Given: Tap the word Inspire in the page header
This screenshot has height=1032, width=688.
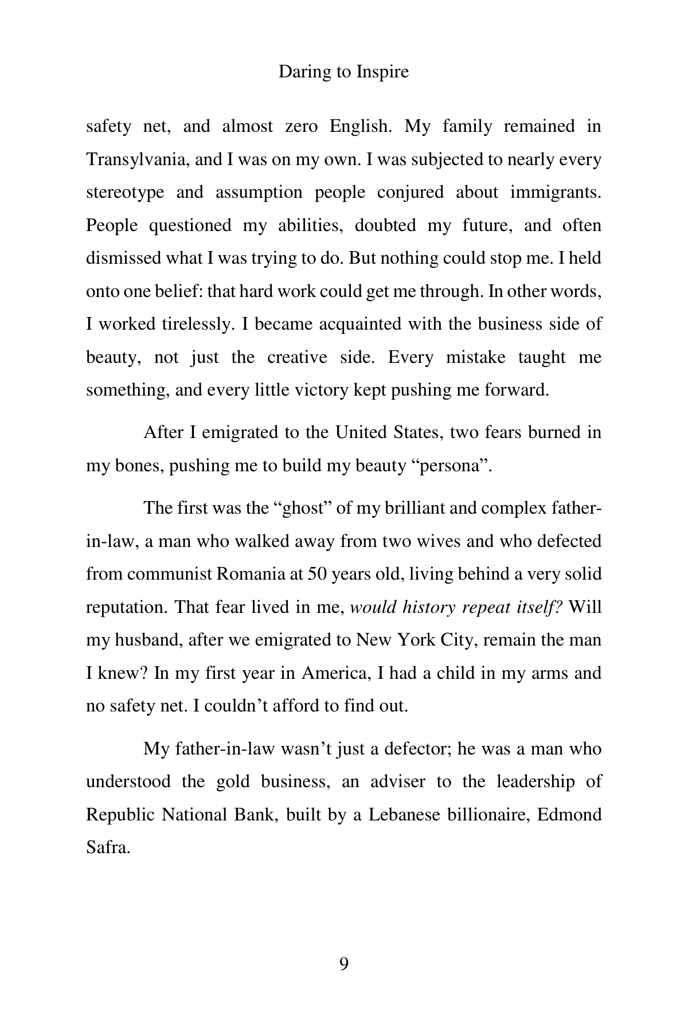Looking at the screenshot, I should pyautogui.click(x=382, y=72).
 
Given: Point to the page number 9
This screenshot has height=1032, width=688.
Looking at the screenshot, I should pyautogui.click(x=344, y=964).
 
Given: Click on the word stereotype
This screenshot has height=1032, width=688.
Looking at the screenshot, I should pyautogui.click(x=125, y=192).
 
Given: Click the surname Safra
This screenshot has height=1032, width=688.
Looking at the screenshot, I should pyautogui.click(x=108, y=848).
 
